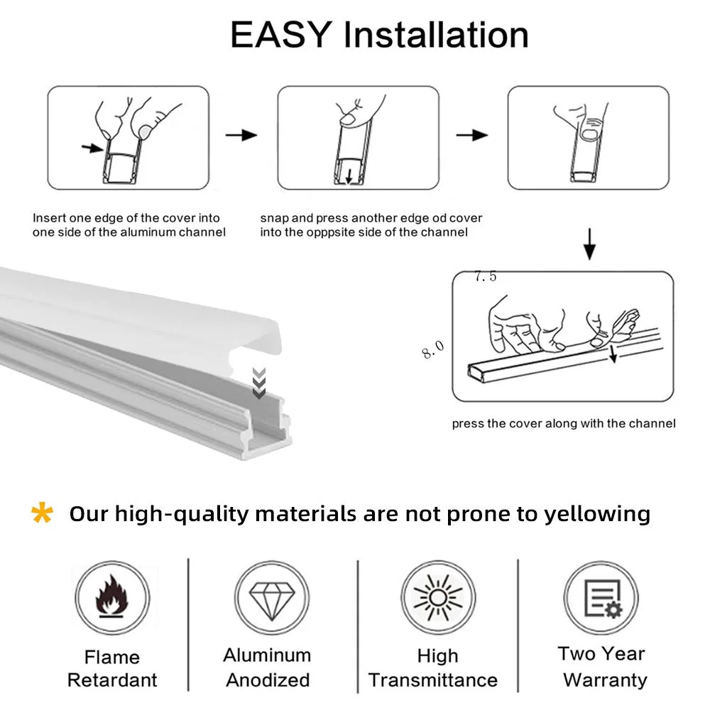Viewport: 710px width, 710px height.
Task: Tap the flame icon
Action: pos(111,596)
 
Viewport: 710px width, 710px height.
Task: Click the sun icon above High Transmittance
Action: pos(437,596)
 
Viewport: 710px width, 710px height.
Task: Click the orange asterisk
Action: pos(43,513)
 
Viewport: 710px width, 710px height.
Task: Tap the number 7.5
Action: pos(486,277)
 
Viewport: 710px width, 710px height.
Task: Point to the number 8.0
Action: pos(432,349)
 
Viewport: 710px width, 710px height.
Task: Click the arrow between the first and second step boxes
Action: pos(241,134)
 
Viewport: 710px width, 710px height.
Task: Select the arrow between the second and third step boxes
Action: pos(471,134)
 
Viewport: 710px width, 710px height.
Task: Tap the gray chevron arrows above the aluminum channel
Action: pos(259,383)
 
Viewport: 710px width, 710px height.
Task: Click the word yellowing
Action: pos(597,513)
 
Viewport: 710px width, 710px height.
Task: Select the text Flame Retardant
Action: pos(111,668)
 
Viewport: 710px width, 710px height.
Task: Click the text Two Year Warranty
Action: pos(603,667)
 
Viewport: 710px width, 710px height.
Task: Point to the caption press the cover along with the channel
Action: pos(564,424)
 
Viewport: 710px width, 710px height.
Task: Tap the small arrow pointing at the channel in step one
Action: pos(92,148)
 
